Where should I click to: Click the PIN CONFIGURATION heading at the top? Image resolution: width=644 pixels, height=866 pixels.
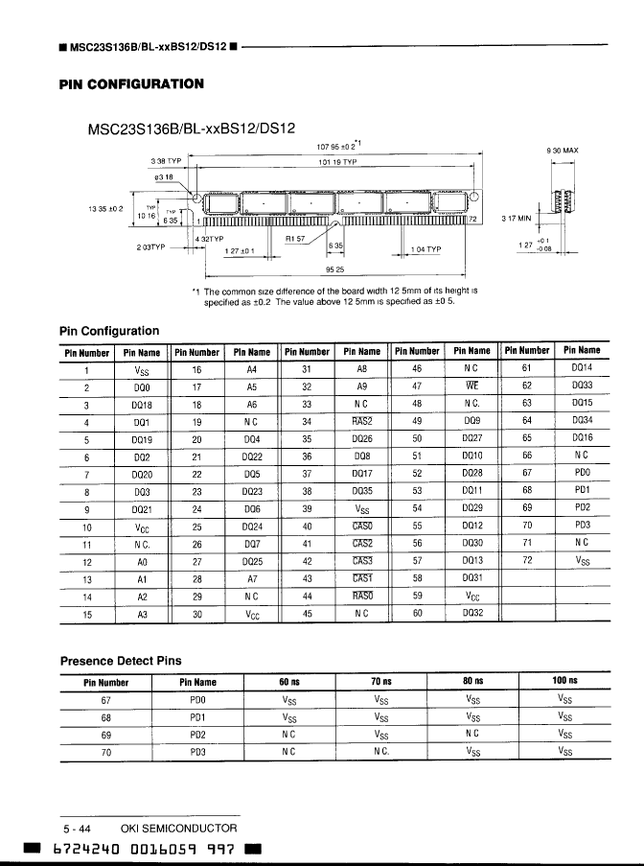(x=131, y=84)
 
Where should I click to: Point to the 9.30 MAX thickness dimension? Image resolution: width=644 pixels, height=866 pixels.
(x=561, y=151)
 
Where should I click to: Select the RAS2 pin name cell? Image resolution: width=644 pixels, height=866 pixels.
(x=361, y=420)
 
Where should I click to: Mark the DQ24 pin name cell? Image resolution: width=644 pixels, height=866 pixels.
(x=253, y=526)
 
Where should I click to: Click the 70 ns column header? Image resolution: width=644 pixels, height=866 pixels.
(x=380, y=683)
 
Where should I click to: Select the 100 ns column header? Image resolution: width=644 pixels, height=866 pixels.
(x=564, y=683)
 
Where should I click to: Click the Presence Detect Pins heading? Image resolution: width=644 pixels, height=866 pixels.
(x=120, y=661)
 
